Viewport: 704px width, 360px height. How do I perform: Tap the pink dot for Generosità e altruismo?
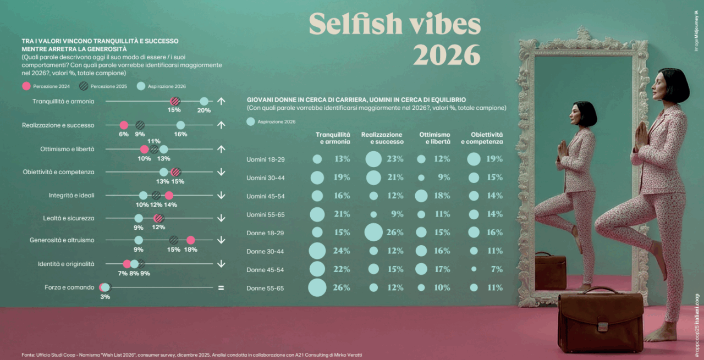coord(190,240)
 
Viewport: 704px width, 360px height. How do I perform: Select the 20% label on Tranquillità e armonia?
coord(204,110)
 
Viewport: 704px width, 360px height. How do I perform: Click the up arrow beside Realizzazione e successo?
coord(221,125)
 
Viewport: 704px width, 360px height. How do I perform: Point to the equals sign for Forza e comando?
coord(221,287)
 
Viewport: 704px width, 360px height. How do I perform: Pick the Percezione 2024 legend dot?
coord(25,87)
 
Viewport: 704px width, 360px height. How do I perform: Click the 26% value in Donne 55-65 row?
coord(342,287)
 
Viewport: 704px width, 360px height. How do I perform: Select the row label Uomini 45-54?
coord(265,196)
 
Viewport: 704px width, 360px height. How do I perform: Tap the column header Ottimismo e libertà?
coord(435,138)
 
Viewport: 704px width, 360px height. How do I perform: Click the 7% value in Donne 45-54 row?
coord(497,269)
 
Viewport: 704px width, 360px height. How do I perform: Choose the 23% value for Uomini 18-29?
coord(395,159)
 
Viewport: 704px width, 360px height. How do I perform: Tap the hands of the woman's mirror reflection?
coord(563,148)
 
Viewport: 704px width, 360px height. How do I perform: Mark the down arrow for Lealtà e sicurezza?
coord(221,218)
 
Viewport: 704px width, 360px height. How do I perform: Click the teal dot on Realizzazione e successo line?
coord(180,125)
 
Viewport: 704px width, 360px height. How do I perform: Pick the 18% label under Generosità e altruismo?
coord(190,250)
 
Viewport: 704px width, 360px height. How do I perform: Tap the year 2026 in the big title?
coord(446,54)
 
